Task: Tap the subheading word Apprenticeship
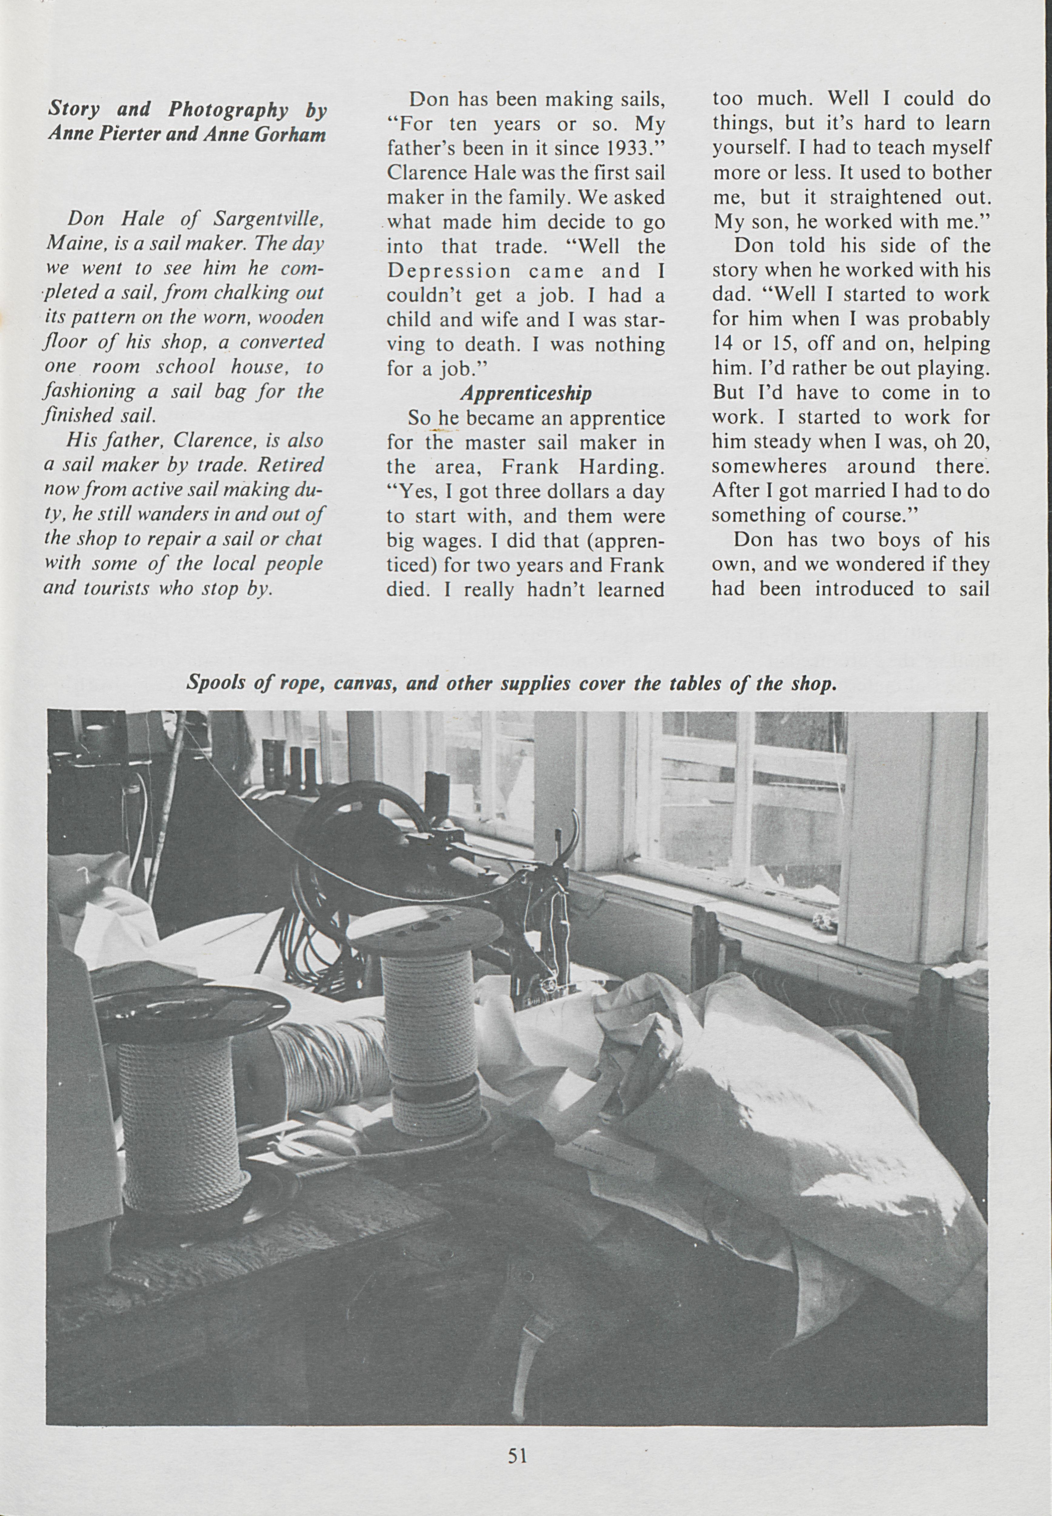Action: click(525, 394)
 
